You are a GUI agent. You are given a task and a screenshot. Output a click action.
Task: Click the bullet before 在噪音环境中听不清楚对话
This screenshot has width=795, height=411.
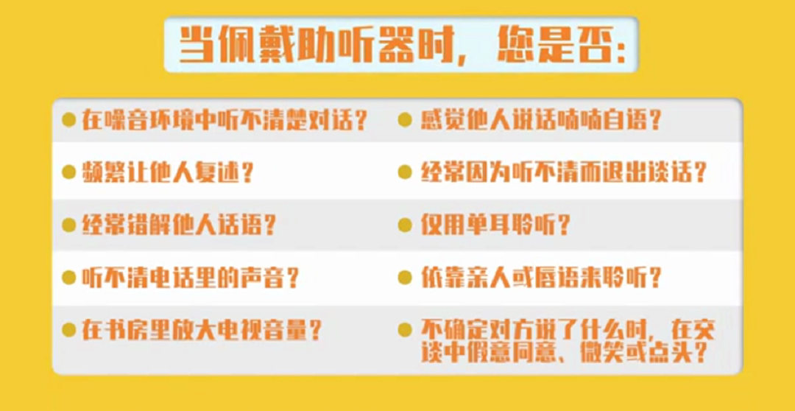point(69,119)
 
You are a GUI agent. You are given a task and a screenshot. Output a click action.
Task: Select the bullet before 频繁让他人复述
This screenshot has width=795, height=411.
point(69,172)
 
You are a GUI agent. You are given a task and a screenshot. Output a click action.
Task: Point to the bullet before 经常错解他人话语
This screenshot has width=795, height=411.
point(69,225)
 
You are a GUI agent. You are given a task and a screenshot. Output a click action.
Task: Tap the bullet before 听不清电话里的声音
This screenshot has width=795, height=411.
point(69,278)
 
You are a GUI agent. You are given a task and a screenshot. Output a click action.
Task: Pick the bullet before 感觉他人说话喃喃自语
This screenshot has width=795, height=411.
point(405,119)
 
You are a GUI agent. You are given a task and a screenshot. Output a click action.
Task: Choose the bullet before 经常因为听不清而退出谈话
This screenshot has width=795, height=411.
point(405,172)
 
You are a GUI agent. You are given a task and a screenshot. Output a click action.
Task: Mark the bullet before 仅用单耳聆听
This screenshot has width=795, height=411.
point(405,225)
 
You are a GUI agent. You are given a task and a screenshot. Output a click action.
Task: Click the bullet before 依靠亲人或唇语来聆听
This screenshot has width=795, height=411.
point(405,278)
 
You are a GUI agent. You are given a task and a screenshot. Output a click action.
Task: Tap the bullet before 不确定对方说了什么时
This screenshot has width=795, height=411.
point(405,329)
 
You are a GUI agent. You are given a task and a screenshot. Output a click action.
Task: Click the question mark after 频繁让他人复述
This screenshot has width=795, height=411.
point(248,172)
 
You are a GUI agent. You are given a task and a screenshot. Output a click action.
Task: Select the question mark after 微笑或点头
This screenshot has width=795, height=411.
point(701,353)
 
